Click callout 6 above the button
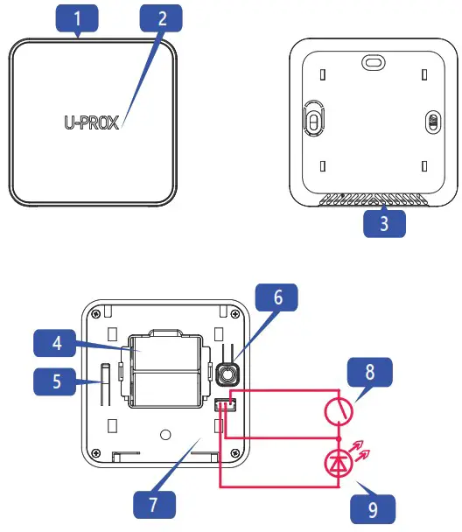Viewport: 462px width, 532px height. pos(277,298)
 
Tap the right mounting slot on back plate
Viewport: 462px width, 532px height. pos(430,122)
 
